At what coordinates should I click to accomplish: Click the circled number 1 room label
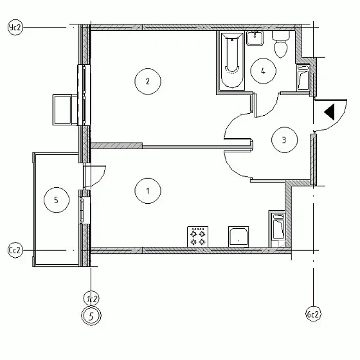(148, 190)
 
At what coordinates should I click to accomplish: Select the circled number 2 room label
(148, 81)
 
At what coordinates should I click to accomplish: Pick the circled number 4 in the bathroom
(264, 71)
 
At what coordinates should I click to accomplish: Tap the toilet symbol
(280, 45)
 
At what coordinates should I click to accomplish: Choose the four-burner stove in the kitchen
(197, 237)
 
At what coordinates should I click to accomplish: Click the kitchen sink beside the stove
(239, 237)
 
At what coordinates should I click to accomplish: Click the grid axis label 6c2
(312, 315)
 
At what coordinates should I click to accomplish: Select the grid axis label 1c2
(92, 298)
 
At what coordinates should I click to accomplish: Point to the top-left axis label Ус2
(14, 27)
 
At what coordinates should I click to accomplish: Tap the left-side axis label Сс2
(14, 250)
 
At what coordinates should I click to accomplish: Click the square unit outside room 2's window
(65, 109)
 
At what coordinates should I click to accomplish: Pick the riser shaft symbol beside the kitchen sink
(278, 228)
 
